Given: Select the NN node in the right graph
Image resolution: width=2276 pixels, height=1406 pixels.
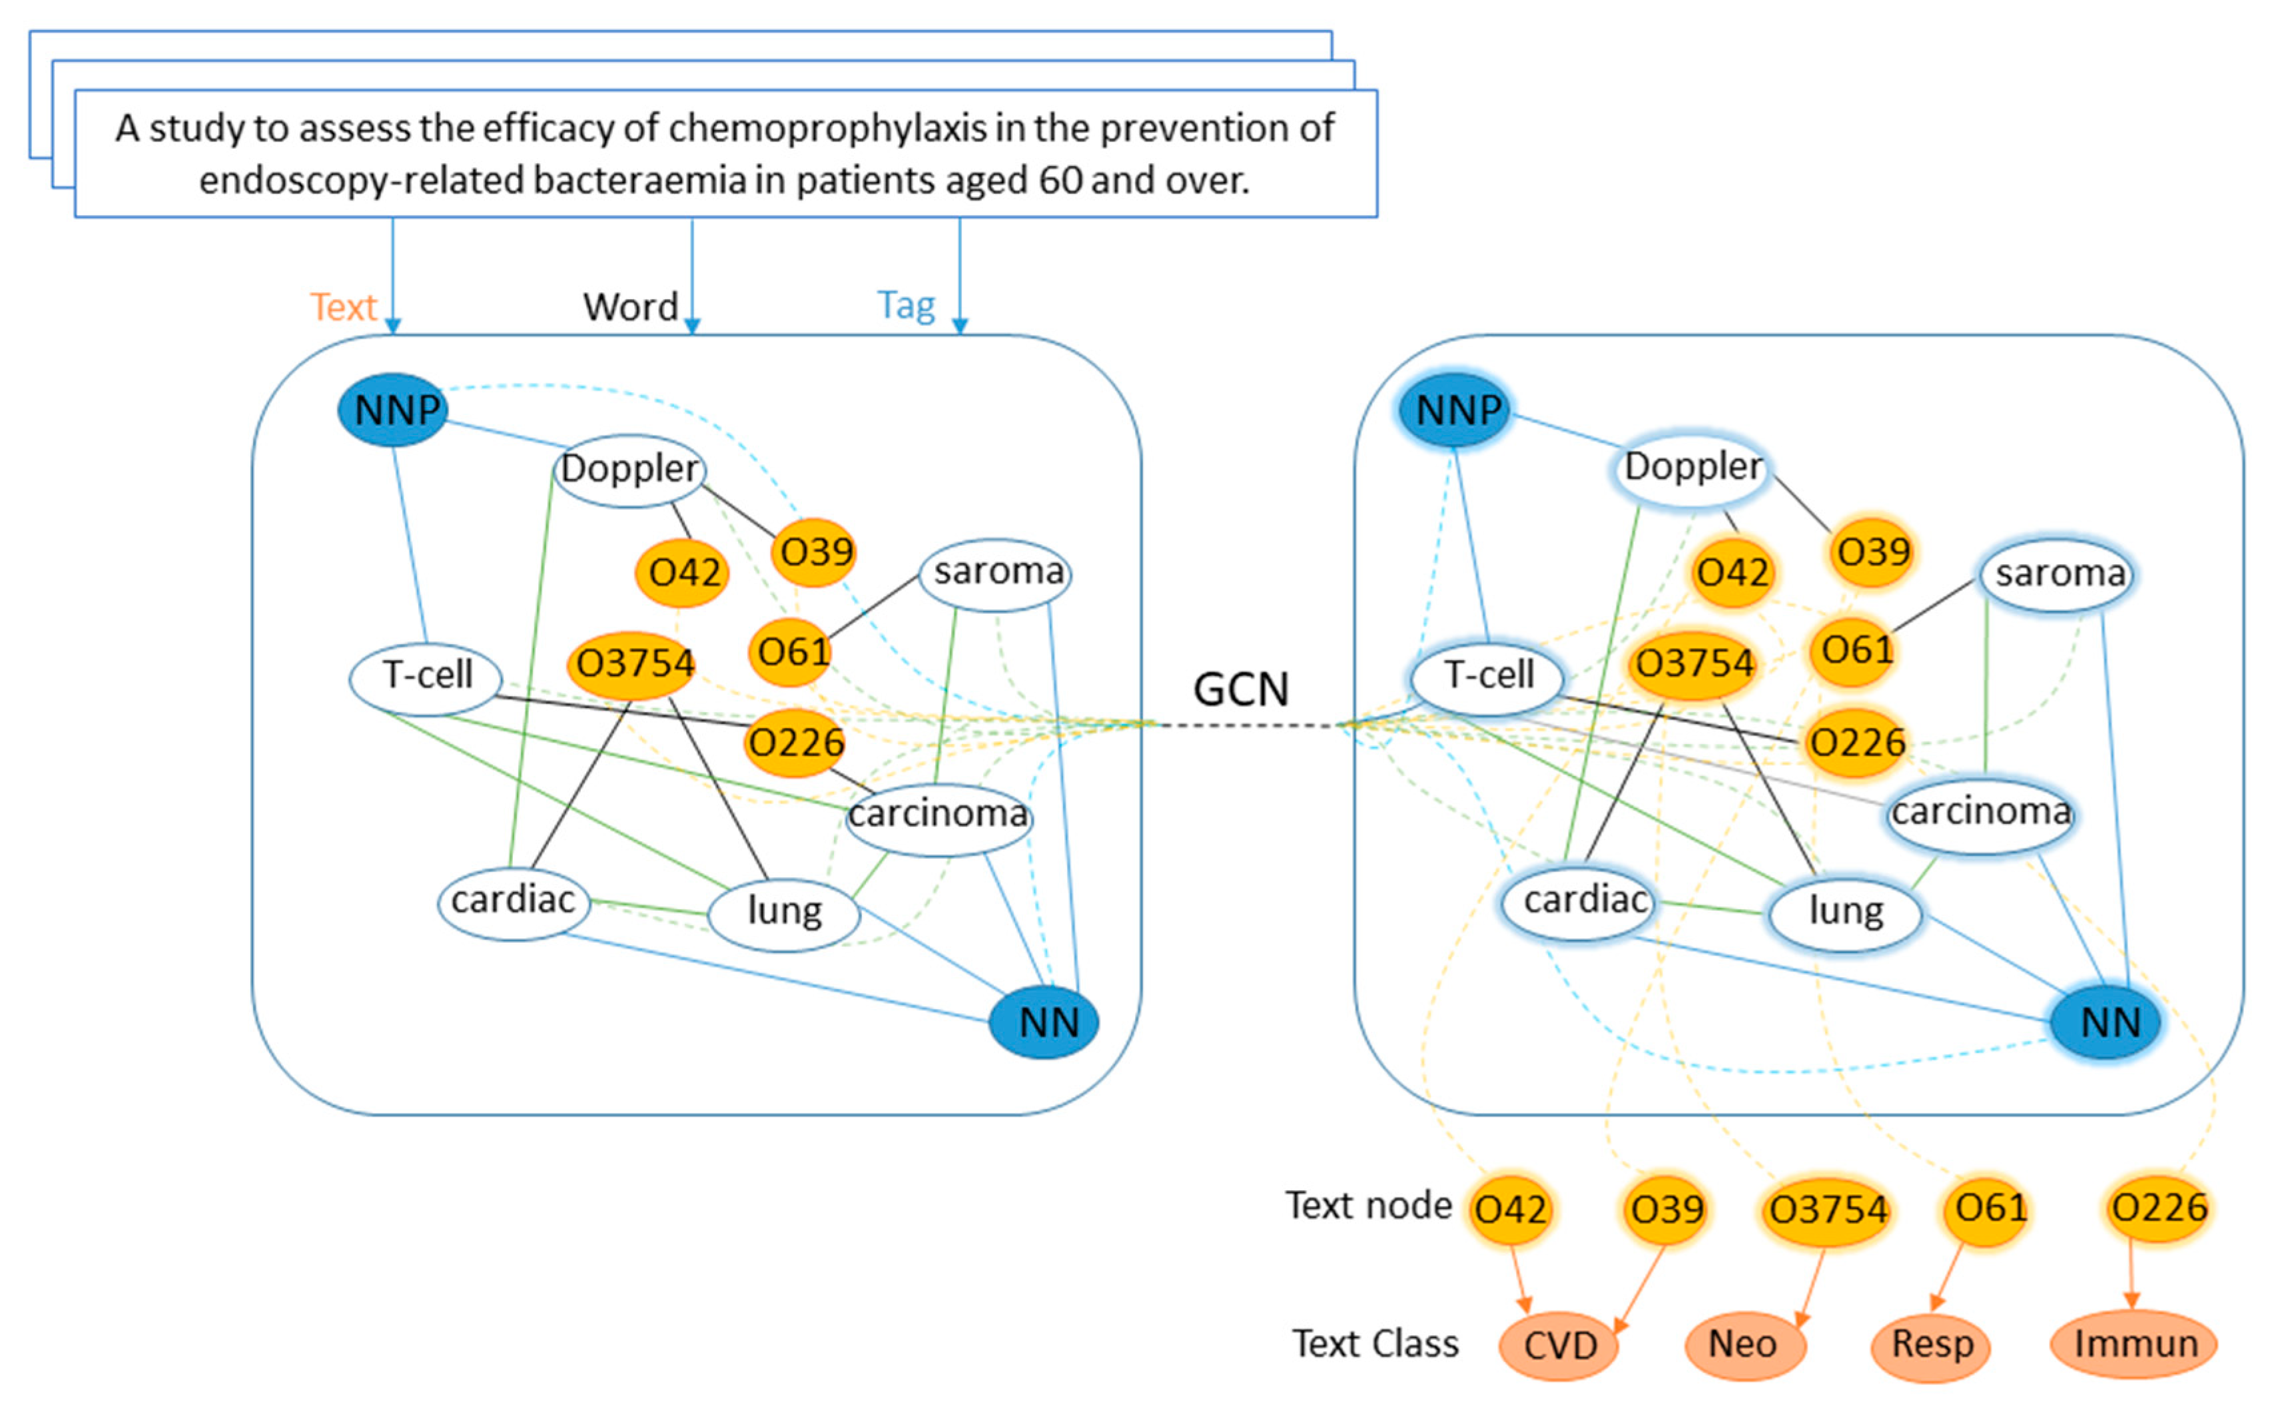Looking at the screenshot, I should tap(2107, 1022).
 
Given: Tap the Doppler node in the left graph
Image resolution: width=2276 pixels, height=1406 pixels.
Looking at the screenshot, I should tap(630, 470).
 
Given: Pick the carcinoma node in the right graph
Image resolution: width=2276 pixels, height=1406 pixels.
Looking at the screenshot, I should tap(1982, 813).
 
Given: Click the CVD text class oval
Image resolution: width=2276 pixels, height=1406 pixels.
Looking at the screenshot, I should tap(1560, 1345).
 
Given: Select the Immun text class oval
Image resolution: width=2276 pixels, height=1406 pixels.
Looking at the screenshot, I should tap(2135, 1343).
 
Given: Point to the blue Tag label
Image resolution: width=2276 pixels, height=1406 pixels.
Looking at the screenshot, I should tap(906, 305).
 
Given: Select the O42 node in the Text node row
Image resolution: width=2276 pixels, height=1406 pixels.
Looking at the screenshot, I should tap(1511, 1209).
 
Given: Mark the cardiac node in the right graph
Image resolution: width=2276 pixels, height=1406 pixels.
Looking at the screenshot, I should tap(1583, 900).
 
